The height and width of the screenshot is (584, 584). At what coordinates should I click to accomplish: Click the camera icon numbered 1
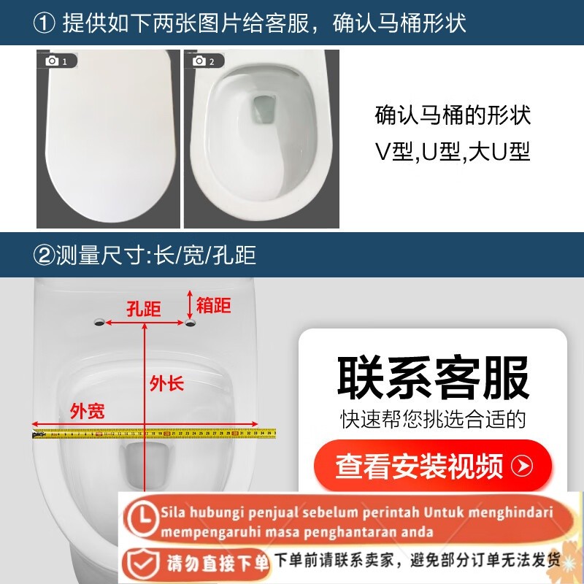click(53, 61)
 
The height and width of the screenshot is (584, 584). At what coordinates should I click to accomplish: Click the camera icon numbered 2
click(199, 61)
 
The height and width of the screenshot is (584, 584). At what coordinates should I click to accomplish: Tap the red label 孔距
click(143, 309)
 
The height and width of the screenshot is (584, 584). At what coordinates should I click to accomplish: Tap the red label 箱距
click(213, 304)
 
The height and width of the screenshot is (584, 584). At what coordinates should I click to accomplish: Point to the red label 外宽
click(87, 411)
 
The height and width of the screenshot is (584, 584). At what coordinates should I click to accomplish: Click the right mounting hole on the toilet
click(190, 322)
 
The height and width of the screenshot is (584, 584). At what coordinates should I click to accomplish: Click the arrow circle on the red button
click(522, 465)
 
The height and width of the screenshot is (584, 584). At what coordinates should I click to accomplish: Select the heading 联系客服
click(434, 377)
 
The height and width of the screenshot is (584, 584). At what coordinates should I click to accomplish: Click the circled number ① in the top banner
click(45, 23)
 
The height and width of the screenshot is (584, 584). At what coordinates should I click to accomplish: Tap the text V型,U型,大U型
click(453, 152)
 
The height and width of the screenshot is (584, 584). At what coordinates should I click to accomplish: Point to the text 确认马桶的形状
click(453, 115)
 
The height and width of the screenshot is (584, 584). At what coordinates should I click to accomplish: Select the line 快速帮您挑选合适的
click(434, 419)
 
